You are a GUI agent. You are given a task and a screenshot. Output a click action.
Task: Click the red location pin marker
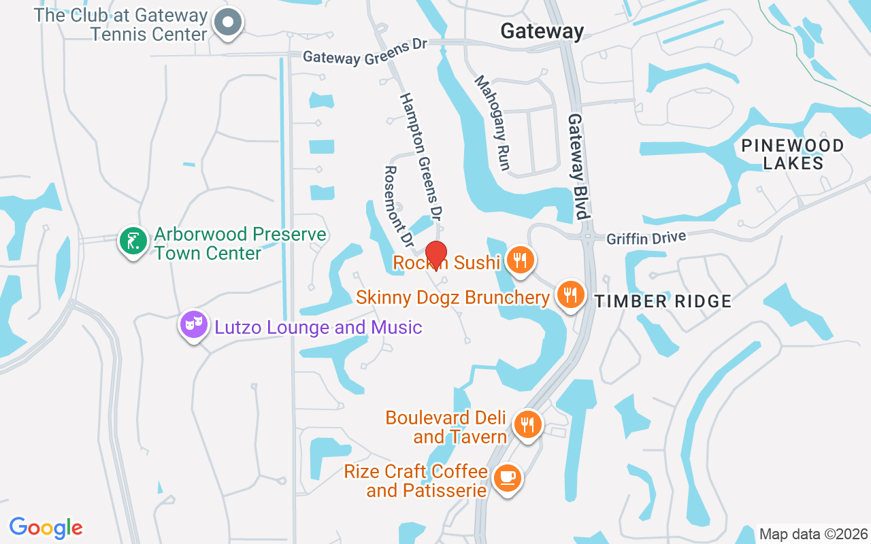[435, 254]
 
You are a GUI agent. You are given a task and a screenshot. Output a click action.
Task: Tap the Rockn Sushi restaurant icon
[520, 259]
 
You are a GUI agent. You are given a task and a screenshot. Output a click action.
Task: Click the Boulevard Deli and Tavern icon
[527, 424]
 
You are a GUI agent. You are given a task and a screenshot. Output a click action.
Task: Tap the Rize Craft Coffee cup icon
[507, 477]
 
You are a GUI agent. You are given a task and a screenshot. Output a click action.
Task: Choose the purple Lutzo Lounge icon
[193, 324]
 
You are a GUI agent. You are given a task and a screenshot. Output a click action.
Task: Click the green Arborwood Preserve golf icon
[133, 241]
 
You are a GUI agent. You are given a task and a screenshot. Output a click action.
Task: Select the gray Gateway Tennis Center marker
[228, 22]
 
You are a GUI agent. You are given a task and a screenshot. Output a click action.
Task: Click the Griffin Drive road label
[646, 237]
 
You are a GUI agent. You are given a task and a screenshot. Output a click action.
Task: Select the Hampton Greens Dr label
[421, 156]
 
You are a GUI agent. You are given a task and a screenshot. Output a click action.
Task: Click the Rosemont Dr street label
[399, 206]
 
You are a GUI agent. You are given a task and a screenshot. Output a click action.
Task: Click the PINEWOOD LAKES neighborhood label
[793, 154]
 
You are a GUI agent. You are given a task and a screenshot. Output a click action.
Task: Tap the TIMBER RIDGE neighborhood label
[663, 301]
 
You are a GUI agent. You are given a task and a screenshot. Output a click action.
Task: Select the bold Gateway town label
[542, 31]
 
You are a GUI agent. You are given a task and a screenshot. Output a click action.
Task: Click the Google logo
[46, 528]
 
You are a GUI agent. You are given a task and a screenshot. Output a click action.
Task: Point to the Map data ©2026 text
[813, 534]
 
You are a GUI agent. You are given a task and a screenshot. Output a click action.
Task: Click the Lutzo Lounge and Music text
[318, 327]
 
